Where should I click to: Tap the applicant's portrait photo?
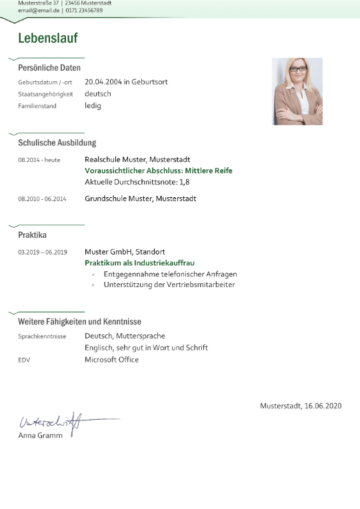point(297,91)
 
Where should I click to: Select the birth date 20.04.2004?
point(103,82)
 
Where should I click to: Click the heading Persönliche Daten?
point(49,68)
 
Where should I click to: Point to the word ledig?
point(93,105)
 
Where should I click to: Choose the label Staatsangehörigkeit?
point(45,94)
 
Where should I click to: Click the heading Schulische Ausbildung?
point(57,143)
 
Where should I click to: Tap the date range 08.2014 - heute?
point(39,161)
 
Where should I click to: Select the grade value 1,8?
point(184,181)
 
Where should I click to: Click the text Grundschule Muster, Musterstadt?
point(140,199)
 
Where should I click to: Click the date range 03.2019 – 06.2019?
point(43,253)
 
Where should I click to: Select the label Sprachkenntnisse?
point(42,337)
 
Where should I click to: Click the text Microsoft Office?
point(111,360)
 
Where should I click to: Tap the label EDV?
point(24,360)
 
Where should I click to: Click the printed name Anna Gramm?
point(40,436)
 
